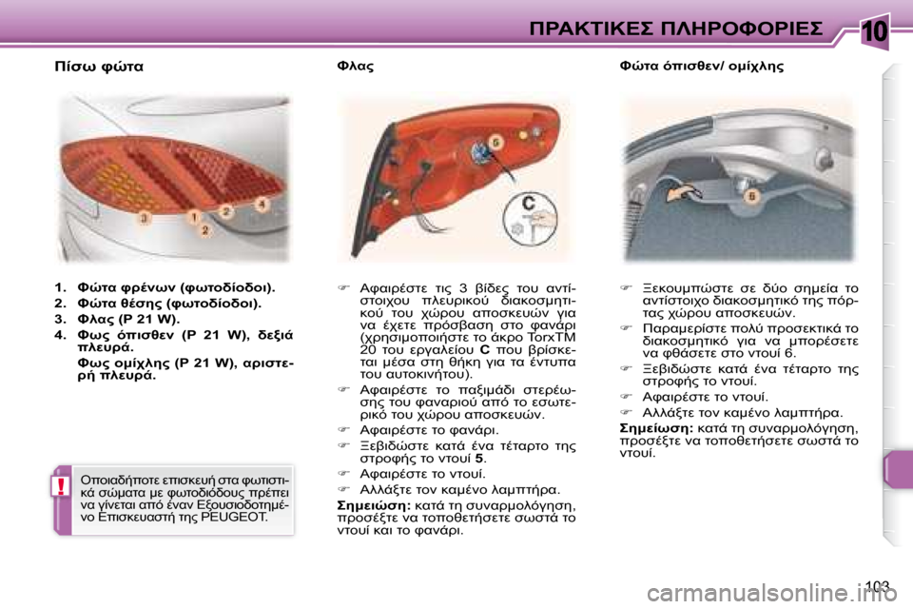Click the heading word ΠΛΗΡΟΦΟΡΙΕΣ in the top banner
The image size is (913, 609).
(742, 28)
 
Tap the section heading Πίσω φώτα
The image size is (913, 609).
(99, 67)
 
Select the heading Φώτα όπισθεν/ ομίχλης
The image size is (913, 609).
(689, 68)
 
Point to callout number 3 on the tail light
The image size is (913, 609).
(145, 219)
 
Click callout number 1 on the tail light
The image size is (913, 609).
(194, 217)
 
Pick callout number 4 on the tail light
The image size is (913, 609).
(261, 204)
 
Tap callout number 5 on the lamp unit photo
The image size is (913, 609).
(495, 142)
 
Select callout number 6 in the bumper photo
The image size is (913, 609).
(751, 196)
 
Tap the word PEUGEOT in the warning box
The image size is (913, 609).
(239, 520)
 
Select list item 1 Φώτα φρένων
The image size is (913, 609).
(165, 286)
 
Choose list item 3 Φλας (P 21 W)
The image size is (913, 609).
(116, 319)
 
